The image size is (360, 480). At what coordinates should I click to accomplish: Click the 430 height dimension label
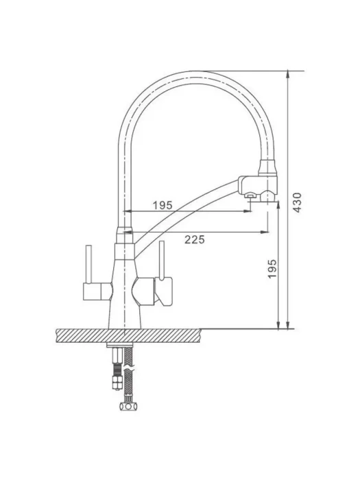click(x=297, y=202)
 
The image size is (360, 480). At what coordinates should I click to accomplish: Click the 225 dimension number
click(x=194, y=239)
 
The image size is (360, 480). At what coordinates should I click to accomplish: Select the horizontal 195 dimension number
click(x=163, y=206)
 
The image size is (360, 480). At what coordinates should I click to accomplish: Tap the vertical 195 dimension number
click(x=272, y=269)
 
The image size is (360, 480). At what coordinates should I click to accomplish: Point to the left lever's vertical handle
click(x=88, y=264)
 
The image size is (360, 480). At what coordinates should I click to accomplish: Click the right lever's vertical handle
click(x=162, y=260)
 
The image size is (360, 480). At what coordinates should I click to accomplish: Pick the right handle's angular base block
click(x=164, y=291)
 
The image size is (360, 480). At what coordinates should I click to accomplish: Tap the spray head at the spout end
click(x=258, y=187)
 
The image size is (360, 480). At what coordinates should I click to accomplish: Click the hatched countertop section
click(x=129, y=336)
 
